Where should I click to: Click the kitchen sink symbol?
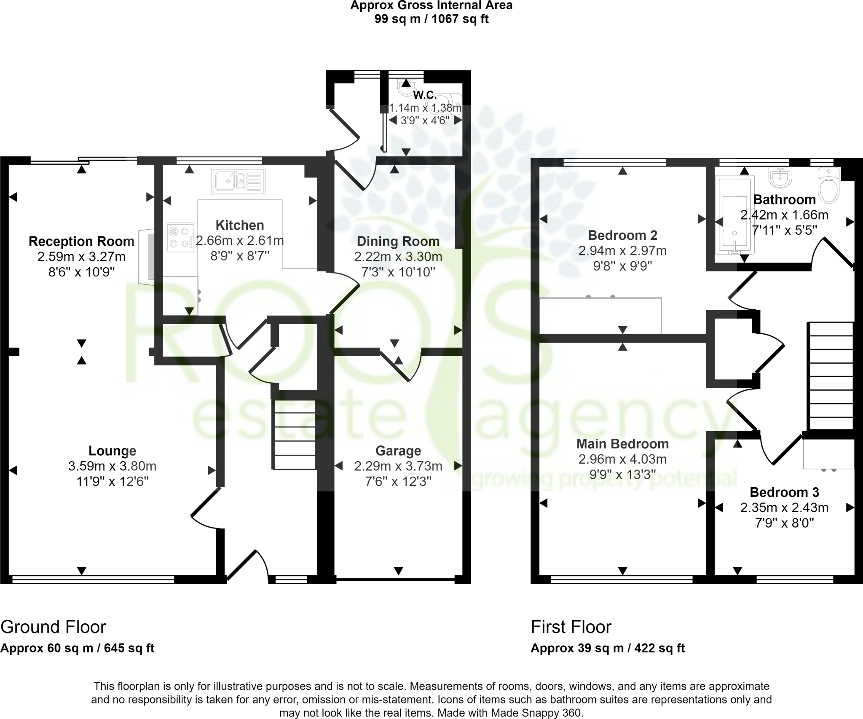(x=239, y=181)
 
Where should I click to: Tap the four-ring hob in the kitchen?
(x=180, y=237)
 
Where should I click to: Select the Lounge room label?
(x=112, y=451)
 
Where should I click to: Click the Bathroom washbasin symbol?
(x=780, y=178)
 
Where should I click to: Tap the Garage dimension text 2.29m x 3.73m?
(x=398, y=466)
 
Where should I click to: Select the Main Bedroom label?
(x=622, y=444)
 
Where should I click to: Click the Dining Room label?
(x=398, y=241)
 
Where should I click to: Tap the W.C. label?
(x=424, y=95)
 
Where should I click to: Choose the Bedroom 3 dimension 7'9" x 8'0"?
(x=784, y=523)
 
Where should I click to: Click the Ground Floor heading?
(x=53, y=627)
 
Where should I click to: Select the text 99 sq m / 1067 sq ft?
(x=431, y=19)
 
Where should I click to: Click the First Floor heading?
(x=571, y=627)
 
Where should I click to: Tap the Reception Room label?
(x=81, y=241)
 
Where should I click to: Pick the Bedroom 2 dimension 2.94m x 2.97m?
(x=622, y=251)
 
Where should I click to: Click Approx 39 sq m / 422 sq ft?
(x=607, y=648)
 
